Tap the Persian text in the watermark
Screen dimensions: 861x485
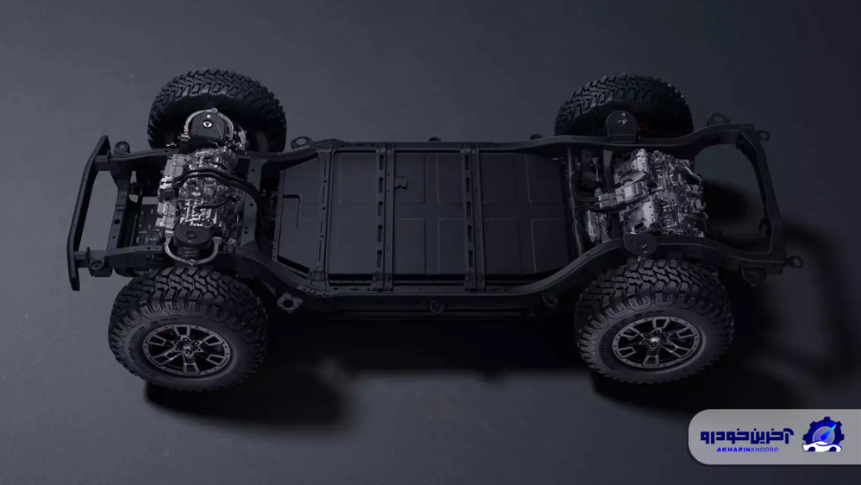[746, 436]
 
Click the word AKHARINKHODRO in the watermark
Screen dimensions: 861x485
[746, 450]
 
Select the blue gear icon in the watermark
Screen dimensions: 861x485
[822, 434]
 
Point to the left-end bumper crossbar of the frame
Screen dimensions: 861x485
[88, 211]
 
